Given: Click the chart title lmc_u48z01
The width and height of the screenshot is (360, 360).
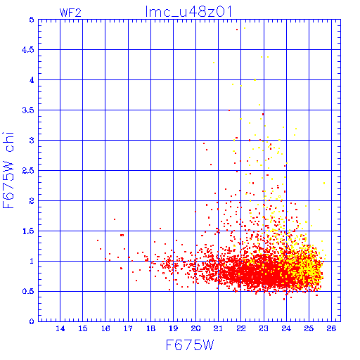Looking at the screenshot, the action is coord(188,12).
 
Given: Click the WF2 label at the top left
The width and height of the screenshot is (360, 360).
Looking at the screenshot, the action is coord(70,13).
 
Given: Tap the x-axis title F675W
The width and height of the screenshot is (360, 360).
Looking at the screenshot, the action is coord(190,345).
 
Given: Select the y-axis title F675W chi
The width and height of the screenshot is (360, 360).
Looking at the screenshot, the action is coord(8,170).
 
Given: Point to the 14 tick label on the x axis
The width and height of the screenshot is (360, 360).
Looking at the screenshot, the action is coord(60,328).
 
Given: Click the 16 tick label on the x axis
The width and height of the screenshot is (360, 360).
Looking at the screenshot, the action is coord(105,328).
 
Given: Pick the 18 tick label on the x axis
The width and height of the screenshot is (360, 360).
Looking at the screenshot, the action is coord(151,328).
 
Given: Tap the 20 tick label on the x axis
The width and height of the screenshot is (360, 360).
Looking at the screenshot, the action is coord(195,328).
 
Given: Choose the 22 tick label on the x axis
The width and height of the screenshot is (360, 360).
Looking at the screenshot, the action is coord(241,328).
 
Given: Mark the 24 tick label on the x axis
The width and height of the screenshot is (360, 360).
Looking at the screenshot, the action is coord(286,328).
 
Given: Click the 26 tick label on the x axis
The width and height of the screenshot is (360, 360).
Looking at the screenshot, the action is coord(331,328).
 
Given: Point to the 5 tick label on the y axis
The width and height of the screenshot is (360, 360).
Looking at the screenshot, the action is coord(32,20).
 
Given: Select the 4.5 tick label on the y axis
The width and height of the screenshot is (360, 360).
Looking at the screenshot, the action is coord(28,50).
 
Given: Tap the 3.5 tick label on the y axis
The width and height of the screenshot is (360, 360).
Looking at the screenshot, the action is coord(28,110).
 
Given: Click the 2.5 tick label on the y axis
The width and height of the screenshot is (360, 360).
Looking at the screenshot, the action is coord(28,171).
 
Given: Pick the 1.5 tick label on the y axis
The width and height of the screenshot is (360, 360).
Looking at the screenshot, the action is coord(28,231).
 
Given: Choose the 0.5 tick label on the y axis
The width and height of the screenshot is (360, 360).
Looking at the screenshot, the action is coord(28,291).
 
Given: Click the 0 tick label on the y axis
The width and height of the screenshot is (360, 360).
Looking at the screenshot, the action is coord(32,321).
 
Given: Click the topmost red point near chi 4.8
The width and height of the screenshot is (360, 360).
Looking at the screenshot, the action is coord(237,30).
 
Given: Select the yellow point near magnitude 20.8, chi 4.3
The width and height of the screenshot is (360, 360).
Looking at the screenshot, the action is coord(214,63).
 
